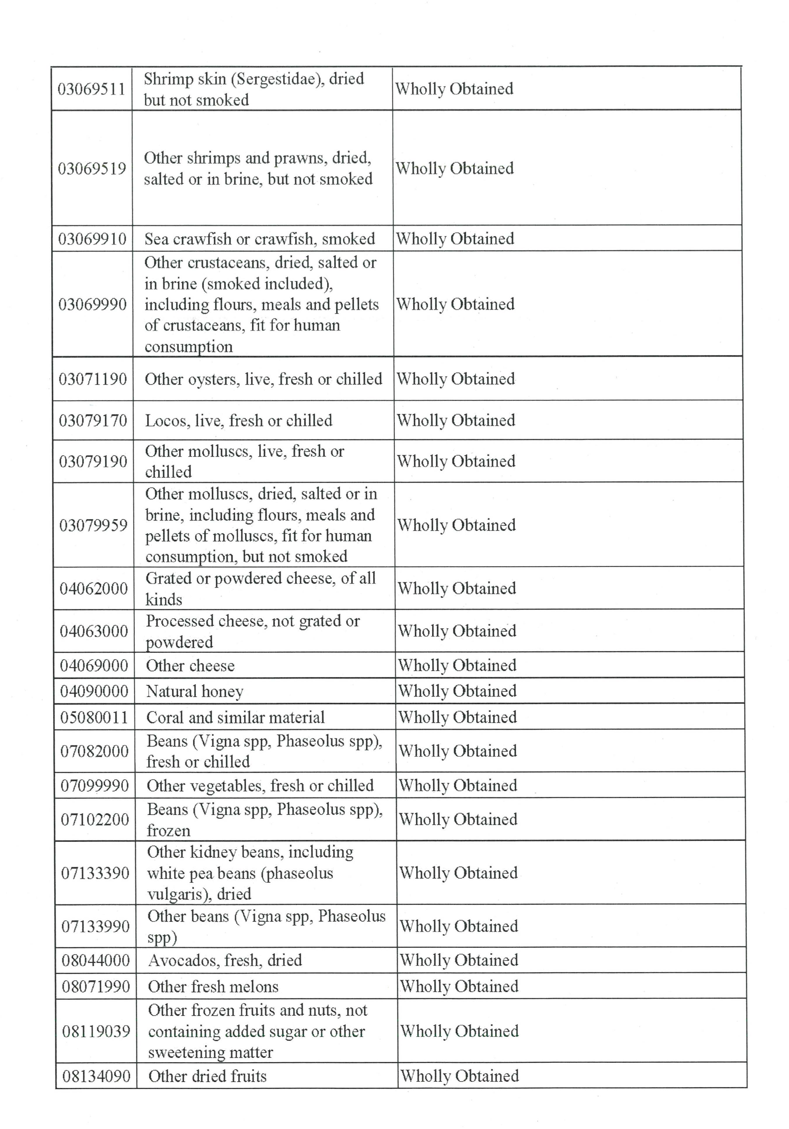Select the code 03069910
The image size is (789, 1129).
tap(93, 239)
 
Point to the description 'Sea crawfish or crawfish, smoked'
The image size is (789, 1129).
tap(259, 239)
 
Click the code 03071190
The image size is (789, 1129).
tap(93, 379)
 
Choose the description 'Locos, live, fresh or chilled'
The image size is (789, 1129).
tap(238, 420)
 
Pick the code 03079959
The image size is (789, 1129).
tap(93, 525)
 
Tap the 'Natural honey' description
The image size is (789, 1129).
tap(195, 692)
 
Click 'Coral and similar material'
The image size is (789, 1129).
tap(235, 718)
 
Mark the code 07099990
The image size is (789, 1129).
tap(95, 786)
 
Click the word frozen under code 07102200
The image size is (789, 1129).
tap(168, 830)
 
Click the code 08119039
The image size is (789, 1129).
tap(96, 1031)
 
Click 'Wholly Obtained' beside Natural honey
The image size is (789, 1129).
tap(457, 691)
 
